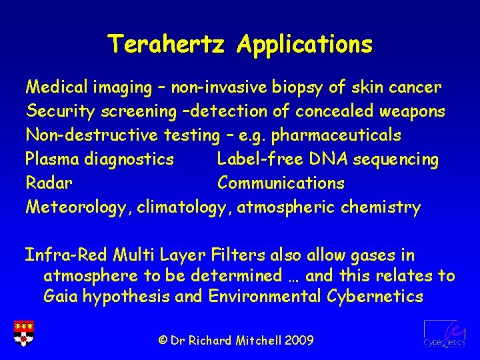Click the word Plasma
click(x=50, y=159)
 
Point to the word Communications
click(x=281, y=183)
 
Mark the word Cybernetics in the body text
click(x=375, y=297)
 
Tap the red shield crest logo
click(x=24, y=333)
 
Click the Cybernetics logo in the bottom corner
click(x=444, y=333)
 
